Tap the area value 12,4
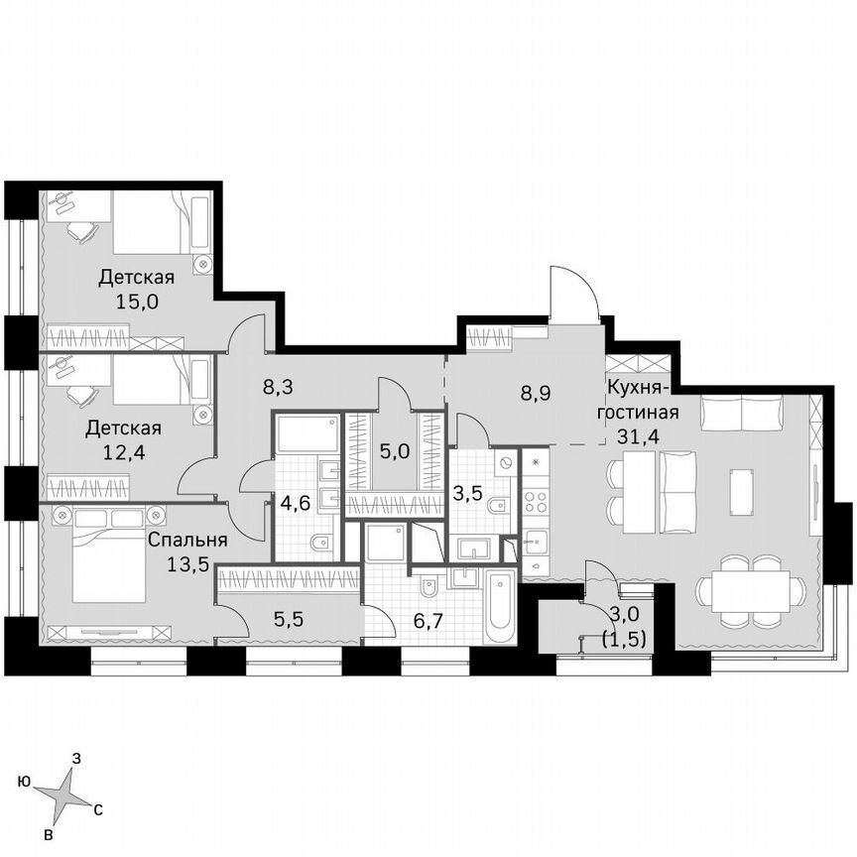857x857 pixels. (122, 452)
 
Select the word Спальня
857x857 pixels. (187, 541)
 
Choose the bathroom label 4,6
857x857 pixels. (295, 502)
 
